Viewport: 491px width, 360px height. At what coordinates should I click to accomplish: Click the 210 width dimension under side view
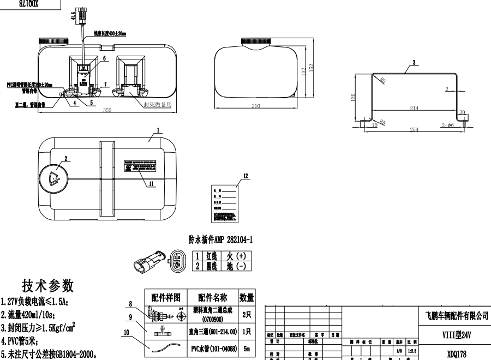256,106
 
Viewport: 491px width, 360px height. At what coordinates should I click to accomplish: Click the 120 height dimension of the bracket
354,97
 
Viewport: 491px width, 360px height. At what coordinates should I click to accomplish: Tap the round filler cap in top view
55,177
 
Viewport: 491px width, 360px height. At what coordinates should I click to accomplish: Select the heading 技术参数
48,286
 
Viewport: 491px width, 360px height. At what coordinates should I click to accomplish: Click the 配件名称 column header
212,297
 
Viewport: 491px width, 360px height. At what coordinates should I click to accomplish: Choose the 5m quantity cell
247,347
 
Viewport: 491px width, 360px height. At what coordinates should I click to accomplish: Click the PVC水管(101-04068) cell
212,347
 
